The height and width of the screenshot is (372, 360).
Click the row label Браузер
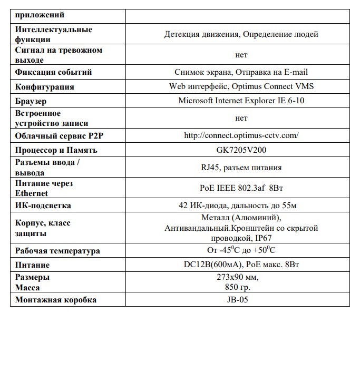(31, 101)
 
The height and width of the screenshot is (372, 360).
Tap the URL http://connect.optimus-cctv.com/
(241, 135)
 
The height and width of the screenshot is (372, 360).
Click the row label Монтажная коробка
(56, 300)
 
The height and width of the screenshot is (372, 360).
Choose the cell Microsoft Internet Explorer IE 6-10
(241, 101)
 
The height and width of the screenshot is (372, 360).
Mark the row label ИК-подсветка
(43, 205)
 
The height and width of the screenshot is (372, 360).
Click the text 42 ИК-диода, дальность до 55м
(241, 205)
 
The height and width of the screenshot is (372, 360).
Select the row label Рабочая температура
(57, 251)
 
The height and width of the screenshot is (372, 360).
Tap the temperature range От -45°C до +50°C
(241, 251)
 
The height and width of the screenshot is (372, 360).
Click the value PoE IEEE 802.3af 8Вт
(241, 188)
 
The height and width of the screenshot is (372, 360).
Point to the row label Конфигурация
(45, 86)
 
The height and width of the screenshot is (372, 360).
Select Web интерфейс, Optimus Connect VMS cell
(241, 86)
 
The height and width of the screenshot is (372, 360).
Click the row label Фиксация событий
(53, 72)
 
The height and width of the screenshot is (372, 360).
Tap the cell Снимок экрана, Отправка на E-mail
(241, 72)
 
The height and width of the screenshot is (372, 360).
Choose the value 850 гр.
(238, 288)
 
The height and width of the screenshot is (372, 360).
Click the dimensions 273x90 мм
(238, 277)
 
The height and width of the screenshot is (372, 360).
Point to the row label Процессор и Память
(56, 150)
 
